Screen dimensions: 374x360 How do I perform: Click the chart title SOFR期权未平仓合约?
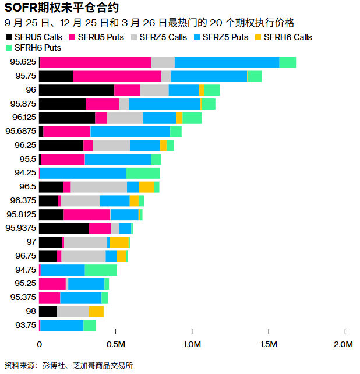coord(58,8)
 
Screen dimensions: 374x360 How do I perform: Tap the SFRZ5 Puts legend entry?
coord(224,37)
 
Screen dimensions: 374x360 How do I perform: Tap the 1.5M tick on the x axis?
coord(269,344)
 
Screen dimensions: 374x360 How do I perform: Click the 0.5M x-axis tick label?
coord(116,344)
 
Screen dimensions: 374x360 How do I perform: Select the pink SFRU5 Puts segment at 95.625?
coord(96,62)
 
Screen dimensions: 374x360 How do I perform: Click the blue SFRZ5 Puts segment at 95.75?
coord(209,76)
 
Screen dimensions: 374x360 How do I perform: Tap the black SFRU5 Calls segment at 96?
coord(76,90)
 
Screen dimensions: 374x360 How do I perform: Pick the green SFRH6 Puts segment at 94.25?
coord(143,173)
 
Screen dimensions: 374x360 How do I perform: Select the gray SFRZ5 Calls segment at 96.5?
coord(98,186)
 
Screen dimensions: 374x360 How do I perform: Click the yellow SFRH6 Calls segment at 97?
coord(119,242)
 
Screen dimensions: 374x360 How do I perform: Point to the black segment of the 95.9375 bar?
coord(64,228)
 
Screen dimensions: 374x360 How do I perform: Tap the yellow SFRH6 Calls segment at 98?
coord(96,312)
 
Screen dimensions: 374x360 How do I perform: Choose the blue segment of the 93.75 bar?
coord(62,325)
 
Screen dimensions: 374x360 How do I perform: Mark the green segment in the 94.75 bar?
coord(100,270)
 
